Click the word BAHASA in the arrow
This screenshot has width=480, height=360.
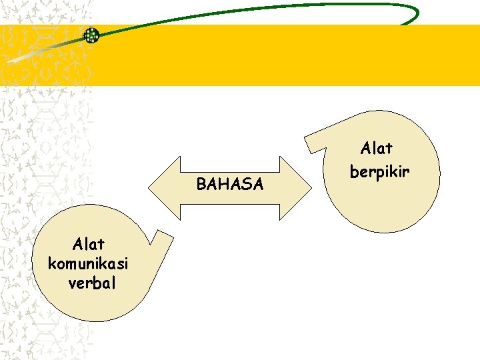coord(230,184)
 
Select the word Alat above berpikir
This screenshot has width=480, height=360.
coord(377,147)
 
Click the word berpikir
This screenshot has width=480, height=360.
coord(379,171)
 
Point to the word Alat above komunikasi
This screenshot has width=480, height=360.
coord(89,243)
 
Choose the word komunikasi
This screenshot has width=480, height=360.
coord(89,263)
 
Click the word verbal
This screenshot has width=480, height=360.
coord(92,283)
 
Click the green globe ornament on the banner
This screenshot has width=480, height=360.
coord(91,35)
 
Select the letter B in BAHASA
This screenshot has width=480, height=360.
coord(201,184)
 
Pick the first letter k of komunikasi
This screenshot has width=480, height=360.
coord(52,263)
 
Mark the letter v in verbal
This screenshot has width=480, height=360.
coord(72,283)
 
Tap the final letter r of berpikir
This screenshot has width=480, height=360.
coord(406,172)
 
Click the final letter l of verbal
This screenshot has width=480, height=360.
coord(113,283)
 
